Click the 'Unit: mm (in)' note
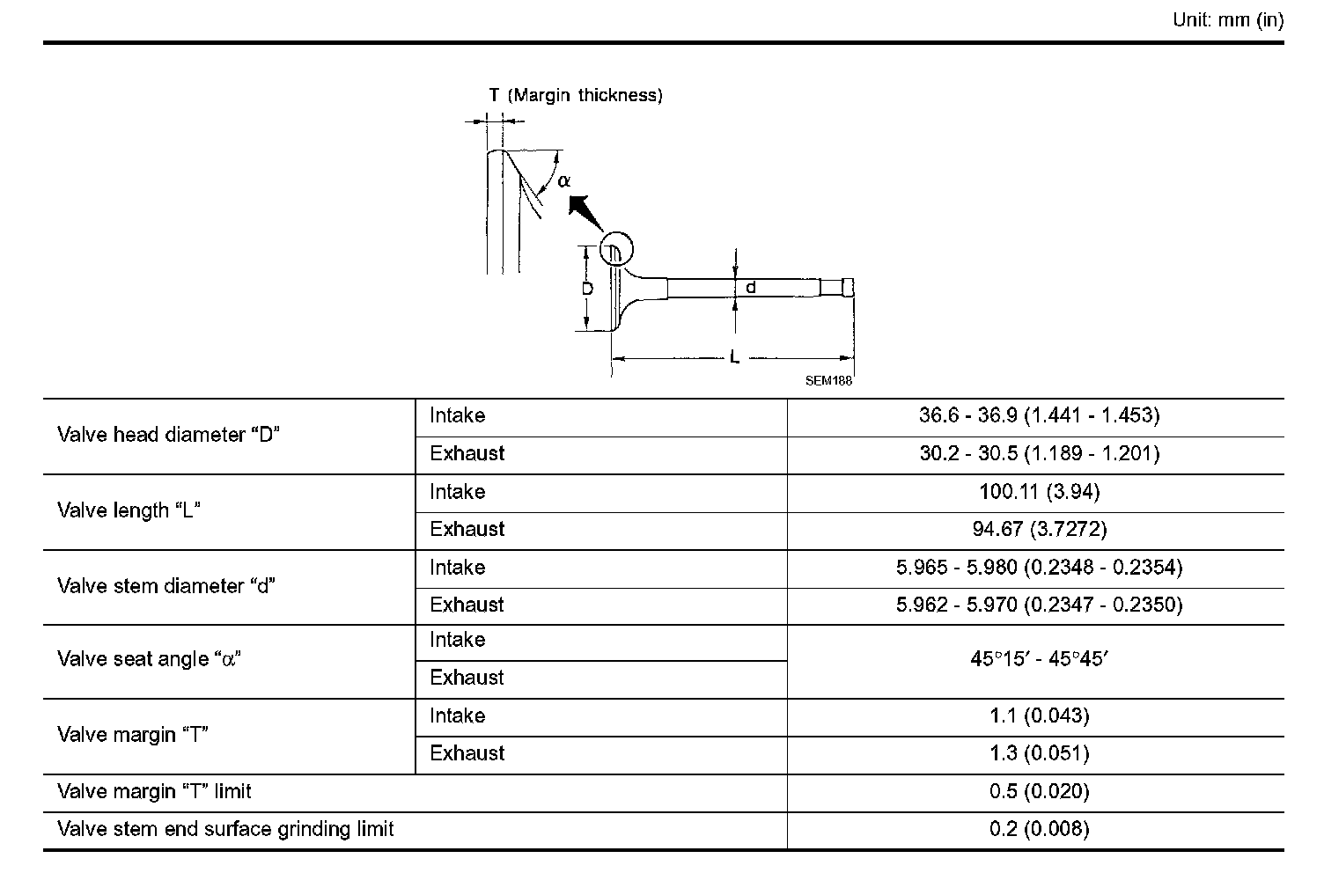[1228, 20]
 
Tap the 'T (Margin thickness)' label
[576, 95]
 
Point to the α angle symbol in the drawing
[564, 180]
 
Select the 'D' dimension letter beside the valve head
[587, 288]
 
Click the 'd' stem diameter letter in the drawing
[751, 287]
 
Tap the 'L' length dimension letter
[734, 358]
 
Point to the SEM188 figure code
[828, 382]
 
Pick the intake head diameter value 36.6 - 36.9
[1039, 415]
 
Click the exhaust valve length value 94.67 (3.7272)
[1039, 530]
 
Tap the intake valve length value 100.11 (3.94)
[1039, 492]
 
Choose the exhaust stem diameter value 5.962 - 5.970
[1039, 605]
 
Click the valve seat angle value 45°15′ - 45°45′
[1039, 659]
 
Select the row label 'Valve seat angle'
[150, 659]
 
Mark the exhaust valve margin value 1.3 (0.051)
[1039, 754]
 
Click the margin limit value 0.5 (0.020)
[1039, 792]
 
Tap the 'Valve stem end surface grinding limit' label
[225, 829]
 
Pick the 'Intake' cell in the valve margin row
[458, 716]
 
